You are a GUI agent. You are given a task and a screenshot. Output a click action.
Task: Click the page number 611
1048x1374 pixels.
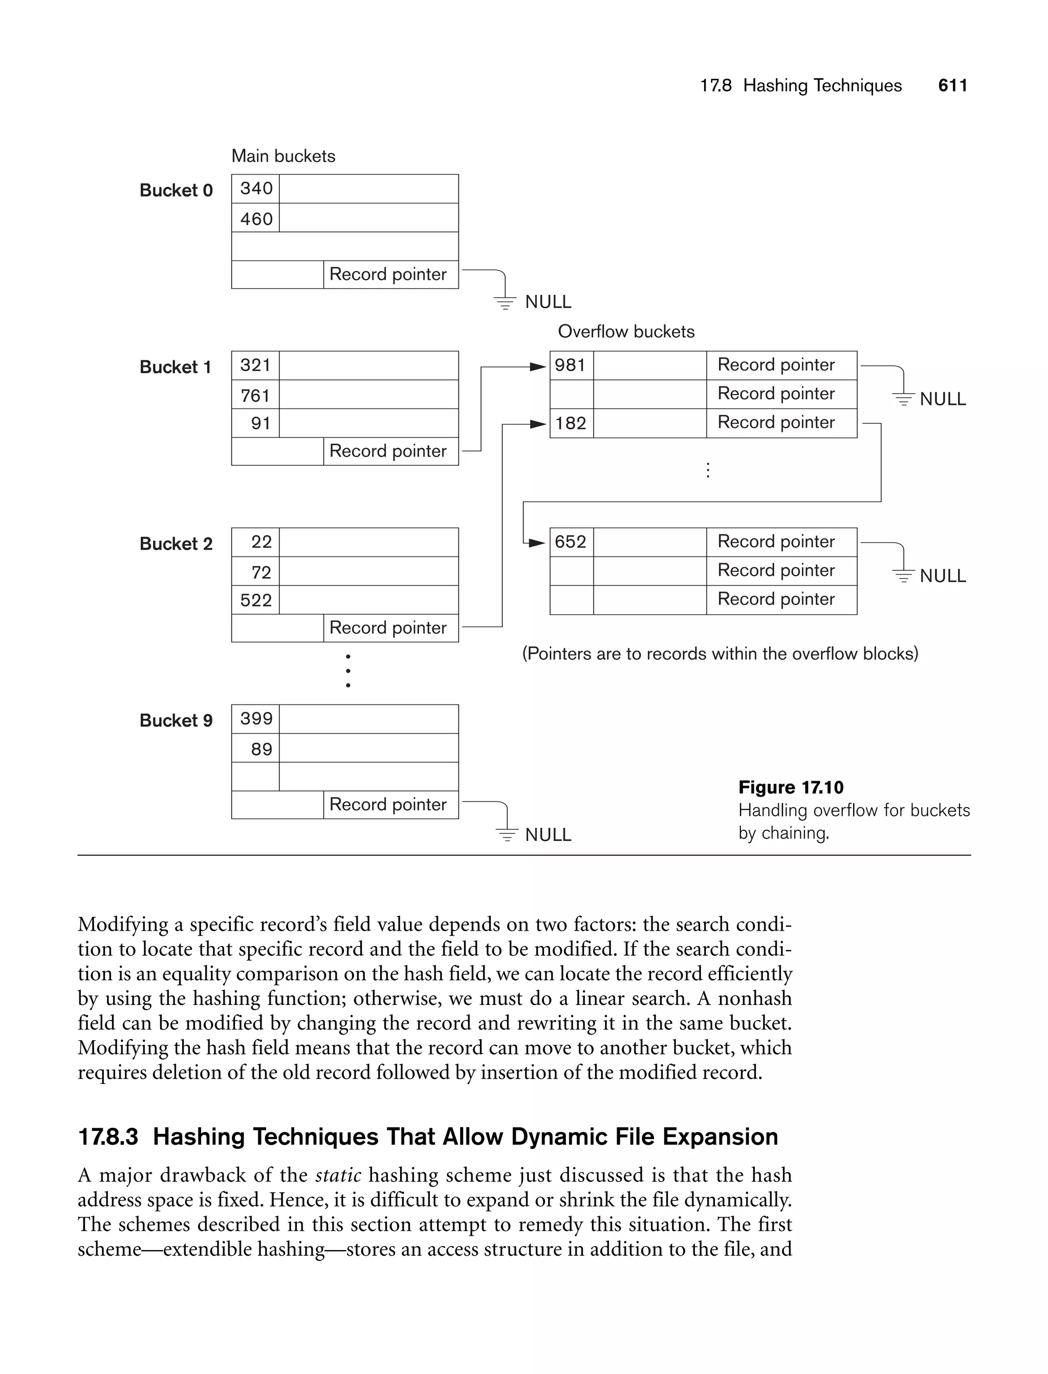(952, 85)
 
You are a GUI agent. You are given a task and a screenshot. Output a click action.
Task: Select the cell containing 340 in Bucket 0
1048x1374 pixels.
(256, 188)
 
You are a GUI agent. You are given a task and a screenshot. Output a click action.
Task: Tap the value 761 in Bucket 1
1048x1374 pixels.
(255, 396)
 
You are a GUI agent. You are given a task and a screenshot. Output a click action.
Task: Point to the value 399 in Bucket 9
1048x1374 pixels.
(256, 719)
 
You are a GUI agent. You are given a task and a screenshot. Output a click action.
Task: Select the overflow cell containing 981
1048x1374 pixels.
(571, 365)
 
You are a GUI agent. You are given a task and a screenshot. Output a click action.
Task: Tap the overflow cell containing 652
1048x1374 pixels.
(571, 542)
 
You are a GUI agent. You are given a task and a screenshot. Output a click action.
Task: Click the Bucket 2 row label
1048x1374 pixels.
(176, 544)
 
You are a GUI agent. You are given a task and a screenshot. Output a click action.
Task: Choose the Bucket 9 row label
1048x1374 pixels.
(176, 721)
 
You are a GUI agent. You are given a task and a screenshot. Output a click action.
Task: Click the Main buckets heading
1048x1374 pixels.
(283, 156)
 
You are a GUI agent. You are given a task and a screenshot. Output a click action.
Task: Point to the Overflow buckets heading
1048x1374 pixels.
(626, 331)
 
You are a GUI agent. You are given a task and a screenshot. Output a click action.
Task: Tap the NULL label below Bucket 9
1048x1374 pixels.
(548, 835)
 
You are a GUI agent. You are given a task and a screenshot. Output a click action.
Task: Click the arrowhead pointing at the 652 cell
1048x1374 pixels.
(537, 543)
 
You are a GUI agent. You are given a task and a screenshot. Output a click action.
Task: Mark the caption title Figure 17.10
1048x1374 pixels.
(791, 787)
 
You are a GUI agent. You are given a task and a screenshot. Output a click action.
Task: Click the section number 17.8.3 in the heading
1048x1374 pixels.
(108, 1137)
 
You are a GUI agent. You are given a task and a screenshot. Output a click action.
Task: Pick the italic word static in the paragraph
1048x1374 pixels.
(338, 1175)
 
